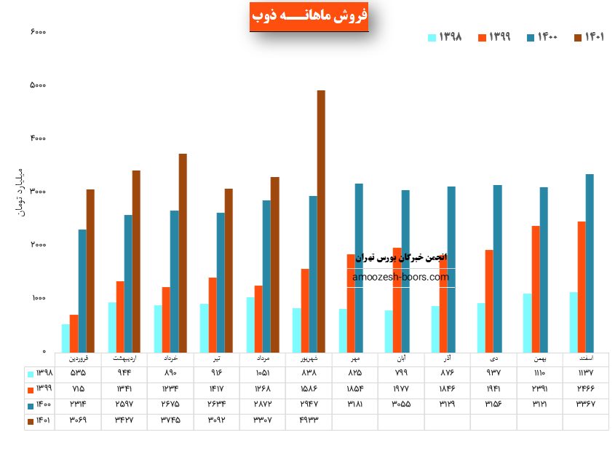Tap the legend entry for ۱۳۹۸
coord(445,36)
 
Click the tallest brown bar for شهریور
coord(321,219)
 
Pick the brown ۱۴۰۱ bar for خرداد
coord(183,251)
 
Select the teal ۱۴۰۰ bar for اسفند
coord(590,262)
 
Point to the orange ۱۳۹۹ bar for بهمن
coord(536,289)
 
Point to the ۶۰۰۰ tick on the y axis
coord(38,32)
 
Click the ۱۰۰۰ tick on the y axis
coord(38,299)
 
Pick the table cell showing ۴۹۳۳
coord(308,420)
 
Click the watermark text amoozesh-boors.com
coord(400,277)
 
